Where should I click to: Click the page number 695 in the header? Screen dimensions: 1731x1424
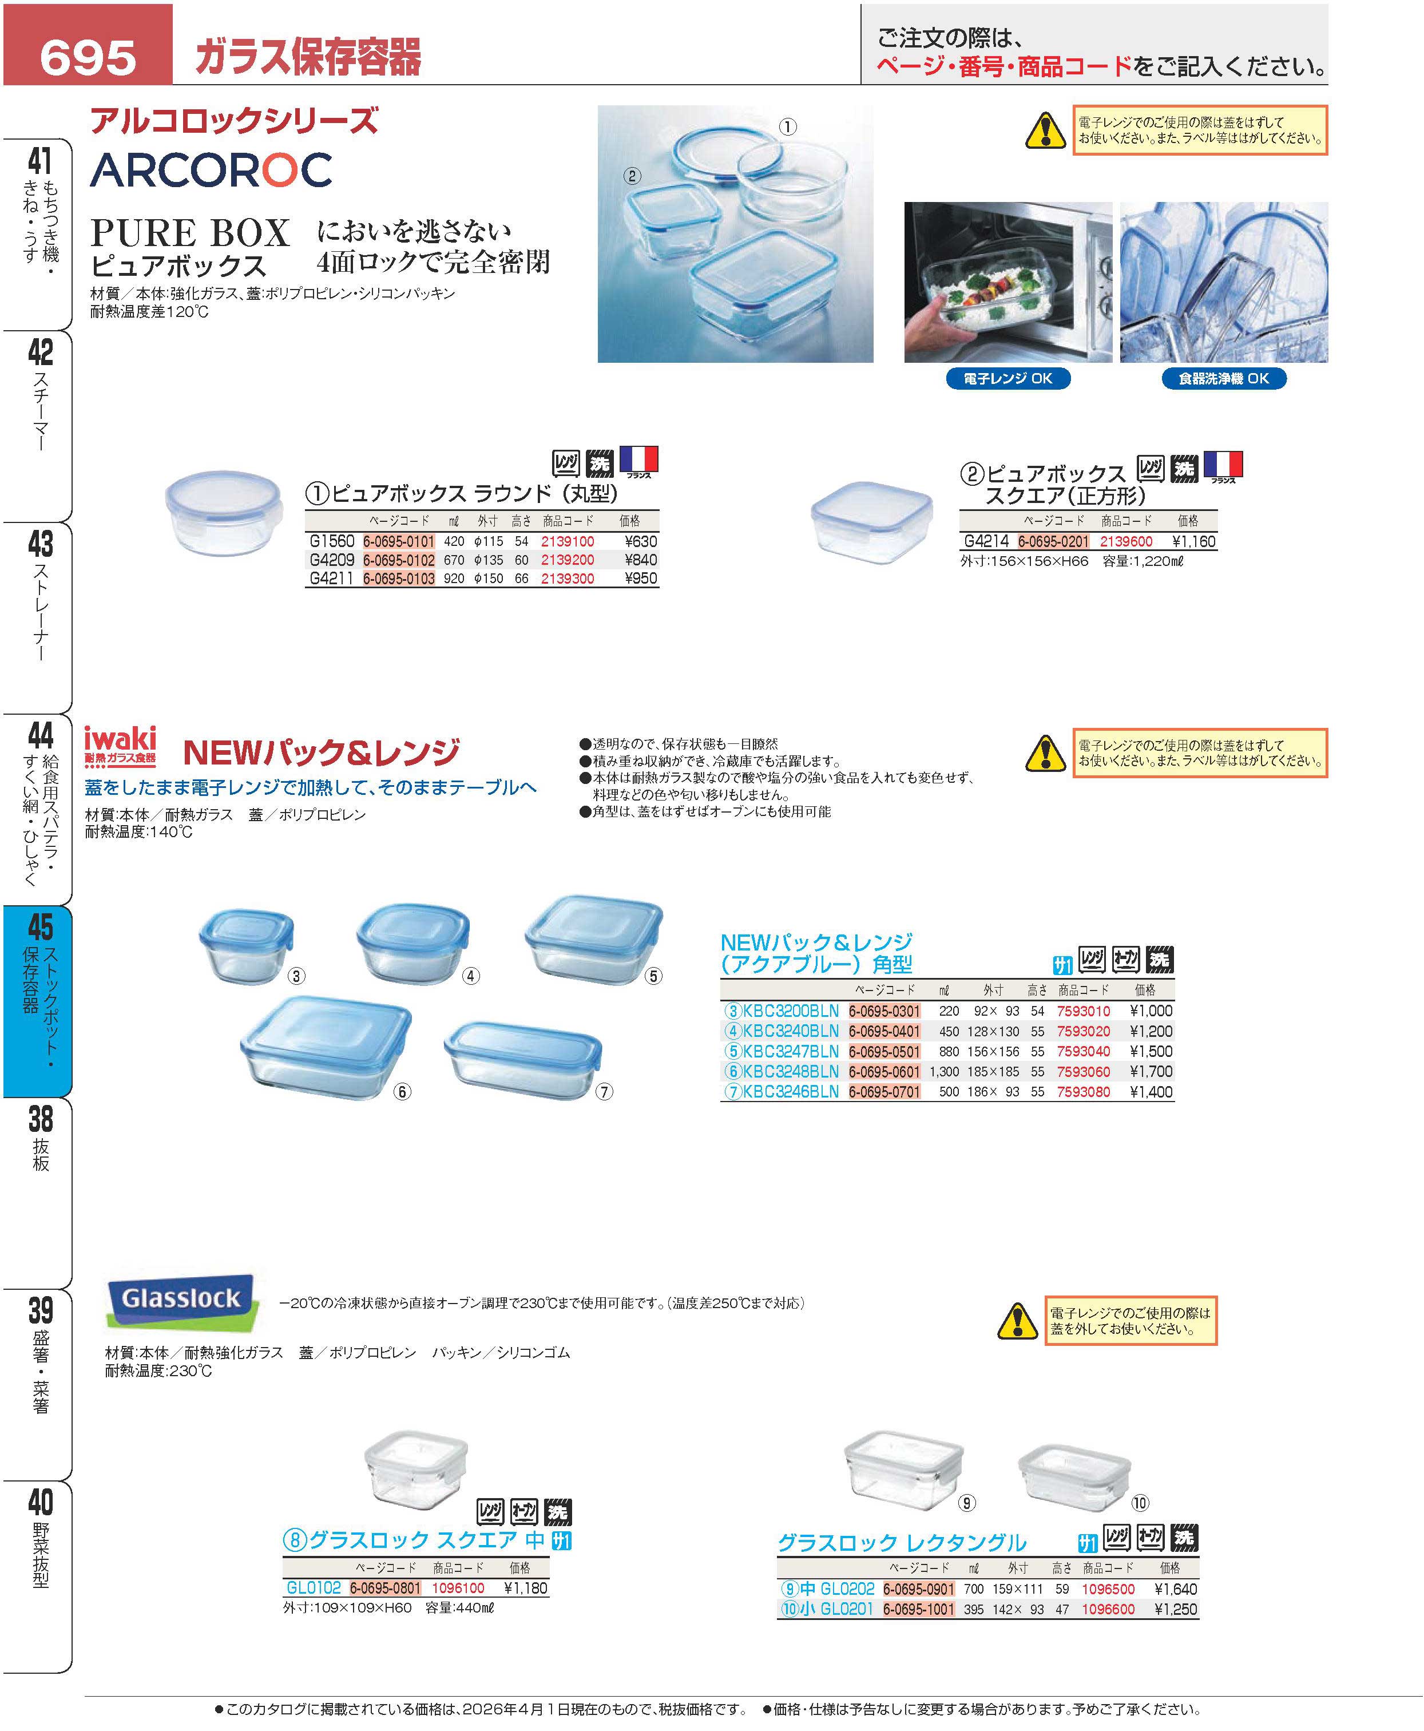(88, 57)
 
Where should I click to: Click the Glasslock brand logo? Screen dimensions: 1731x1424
(181, 1298)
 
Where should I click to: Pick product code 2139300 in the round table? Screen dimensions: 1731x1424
(568, 579)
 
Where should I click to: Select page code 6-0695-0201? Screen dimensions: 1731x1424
(1053, 541)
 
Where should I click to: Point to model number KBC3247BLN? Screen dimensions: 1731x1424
(790, 1051)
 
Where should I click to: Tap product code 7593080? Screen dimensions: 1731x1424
(1084, 1092)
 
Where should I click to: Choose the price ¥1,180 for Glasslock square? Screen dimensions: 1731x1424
(525, 1587)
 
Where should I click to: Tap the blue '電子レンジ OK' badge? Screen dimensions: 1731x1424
(1007, 378)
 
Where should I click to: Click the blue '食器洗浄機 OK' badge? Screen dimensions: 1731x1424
(1223, 378)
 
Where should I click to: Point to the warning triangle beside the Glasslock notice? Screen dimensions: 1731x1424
(1017, 1320)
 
